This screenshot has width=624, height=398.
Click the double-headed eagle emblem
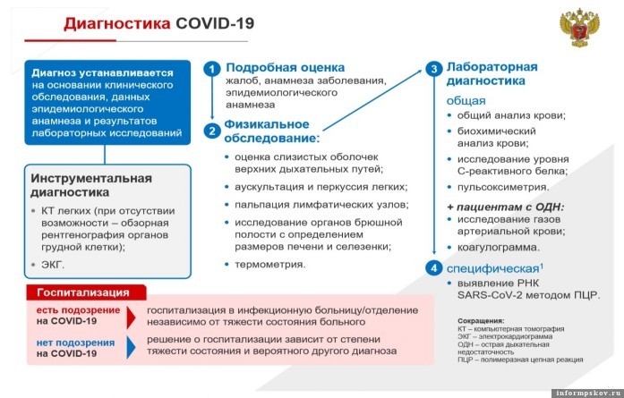point(579,28)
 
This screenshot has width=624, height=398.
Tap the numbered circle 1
point(211,69)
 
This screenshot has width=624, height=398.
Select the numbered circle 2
point(211,131)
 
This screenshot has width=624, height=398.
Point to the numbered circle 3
point(434,69)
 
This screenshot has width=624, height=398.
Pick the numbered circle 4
point(434,268)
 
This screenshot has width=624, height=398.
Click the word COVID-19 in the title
point(215,23)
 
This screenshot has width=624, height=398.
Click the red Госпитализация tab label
point(83,292)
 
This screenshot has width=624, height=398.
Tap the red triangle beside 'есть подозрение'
point(131,317)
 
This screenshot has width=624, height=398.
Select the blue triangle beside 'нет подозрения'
point(131,347)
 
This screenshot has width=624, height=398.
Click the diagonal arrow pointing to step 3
point(372,100)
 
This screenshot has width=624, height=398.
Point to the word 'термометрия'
point(269,265)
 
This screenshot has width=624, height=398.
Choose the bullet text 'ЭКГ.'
point(53,265)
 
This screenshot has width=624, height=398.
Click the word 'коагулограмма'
point(499,248)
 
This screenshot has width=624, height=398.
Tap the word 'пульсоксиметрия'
point(503,187)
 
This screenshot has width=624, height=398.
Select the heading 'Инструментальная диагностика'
point(91,185)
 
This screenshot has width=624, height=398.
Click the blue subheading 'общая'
point(466,100)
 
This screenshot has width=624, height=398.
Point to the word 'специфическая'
point(492,269)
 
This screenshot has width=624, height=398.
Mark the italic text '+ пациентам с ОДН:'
point(506,207)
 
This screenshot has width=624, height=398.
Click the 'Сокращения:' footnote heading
point(481,320)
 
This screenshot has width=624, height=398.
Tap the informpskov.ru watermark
point(587,394)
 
